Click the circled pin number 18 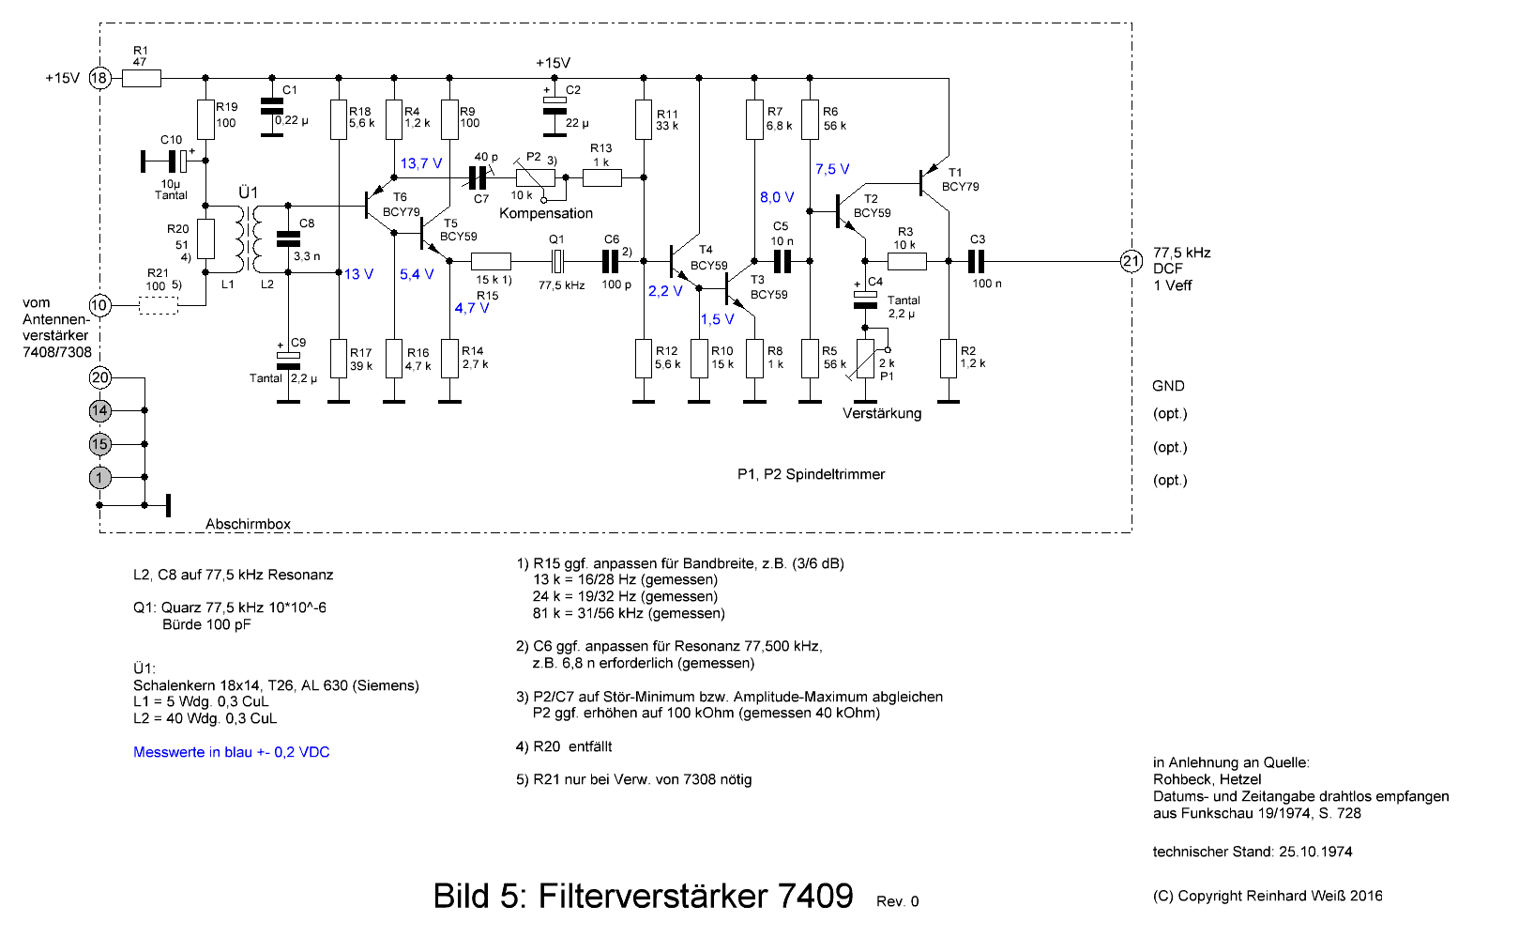[99, 78]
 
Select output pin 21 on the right [1132, 261]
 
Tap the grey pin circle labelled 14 [99, 410]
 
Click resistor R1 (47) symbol [142, 79]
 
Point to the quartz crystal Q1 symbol [556, 261]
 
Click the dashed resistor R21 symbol [159, 306]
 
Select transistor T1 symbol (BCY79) [934, 182]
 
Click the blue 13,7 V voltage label [421, 163]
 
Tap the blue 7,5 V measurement [832, 169]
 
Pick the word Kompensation [546, 213]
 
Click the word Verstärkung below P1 [882, 413]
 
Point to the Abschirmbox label [248, 524]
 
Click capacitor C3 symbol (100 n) [976, 261]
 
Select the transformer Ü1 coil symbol [249, 238]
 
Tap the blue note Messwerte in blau [231, 752]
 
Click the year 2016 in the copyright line [1366, 896]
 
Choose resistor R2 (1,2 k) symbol [949, 359]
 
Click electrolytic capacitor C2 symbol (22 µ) [554, 105]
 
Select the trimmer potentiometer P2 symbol [536, 178]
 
